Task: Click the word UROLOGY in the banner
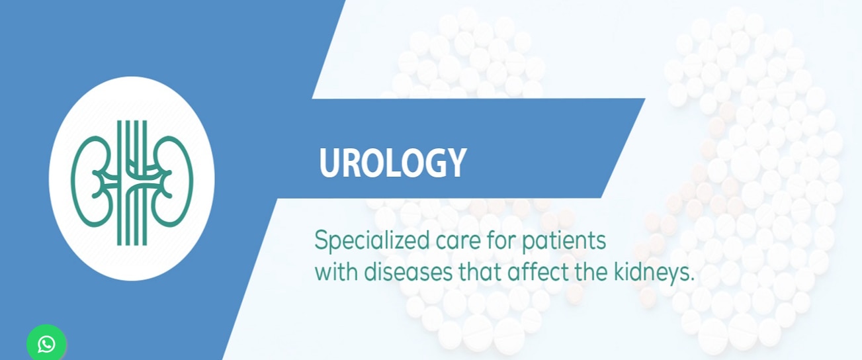[x=392, y=163]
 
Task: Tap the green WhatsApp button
[x=46, y=343]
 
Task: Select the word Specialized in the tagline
[x=372, y=241]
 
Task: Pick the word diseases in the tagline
[x=408, y=272]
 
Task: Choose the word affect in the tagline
[x=538, y=272]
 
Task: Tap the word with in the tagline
[x=336, y=272]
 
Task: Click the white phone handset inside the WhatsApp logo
[x=46, y=344]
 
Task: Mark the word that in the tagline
[x=480, y=272]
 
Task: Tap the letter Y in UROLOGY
[x=456, y=163]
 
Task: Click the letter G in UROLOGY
[x=433, y=163]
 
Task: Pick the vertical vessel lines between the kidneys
[x=132, y=183]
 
